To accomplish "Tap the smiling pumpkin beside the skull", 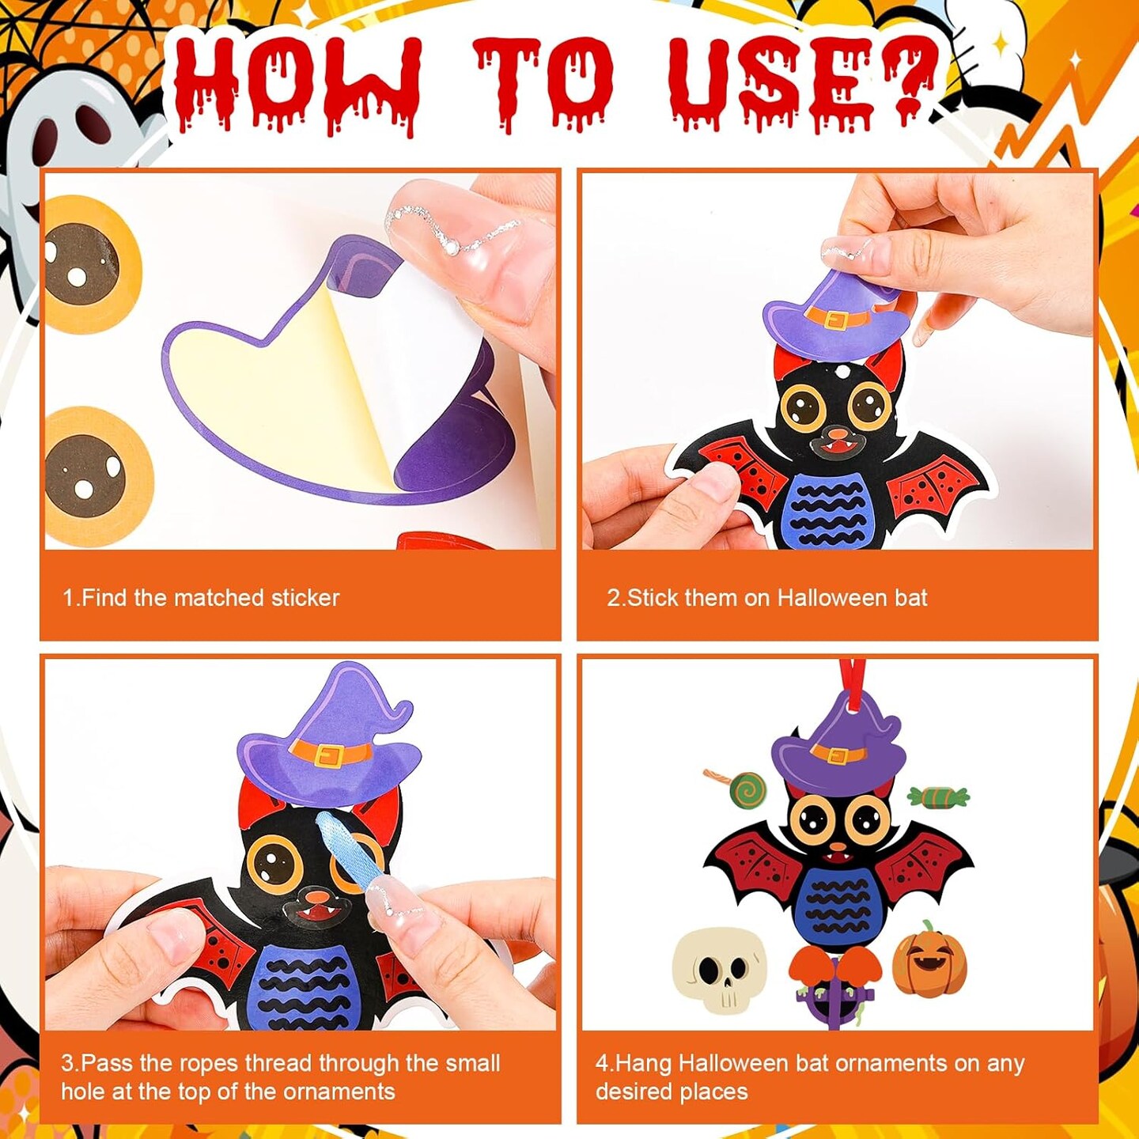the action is tap(929, 959).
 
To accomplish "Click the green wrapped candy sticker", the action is tap(939, 797).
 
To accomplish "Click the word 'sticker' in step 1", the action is tap(305, 598).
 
